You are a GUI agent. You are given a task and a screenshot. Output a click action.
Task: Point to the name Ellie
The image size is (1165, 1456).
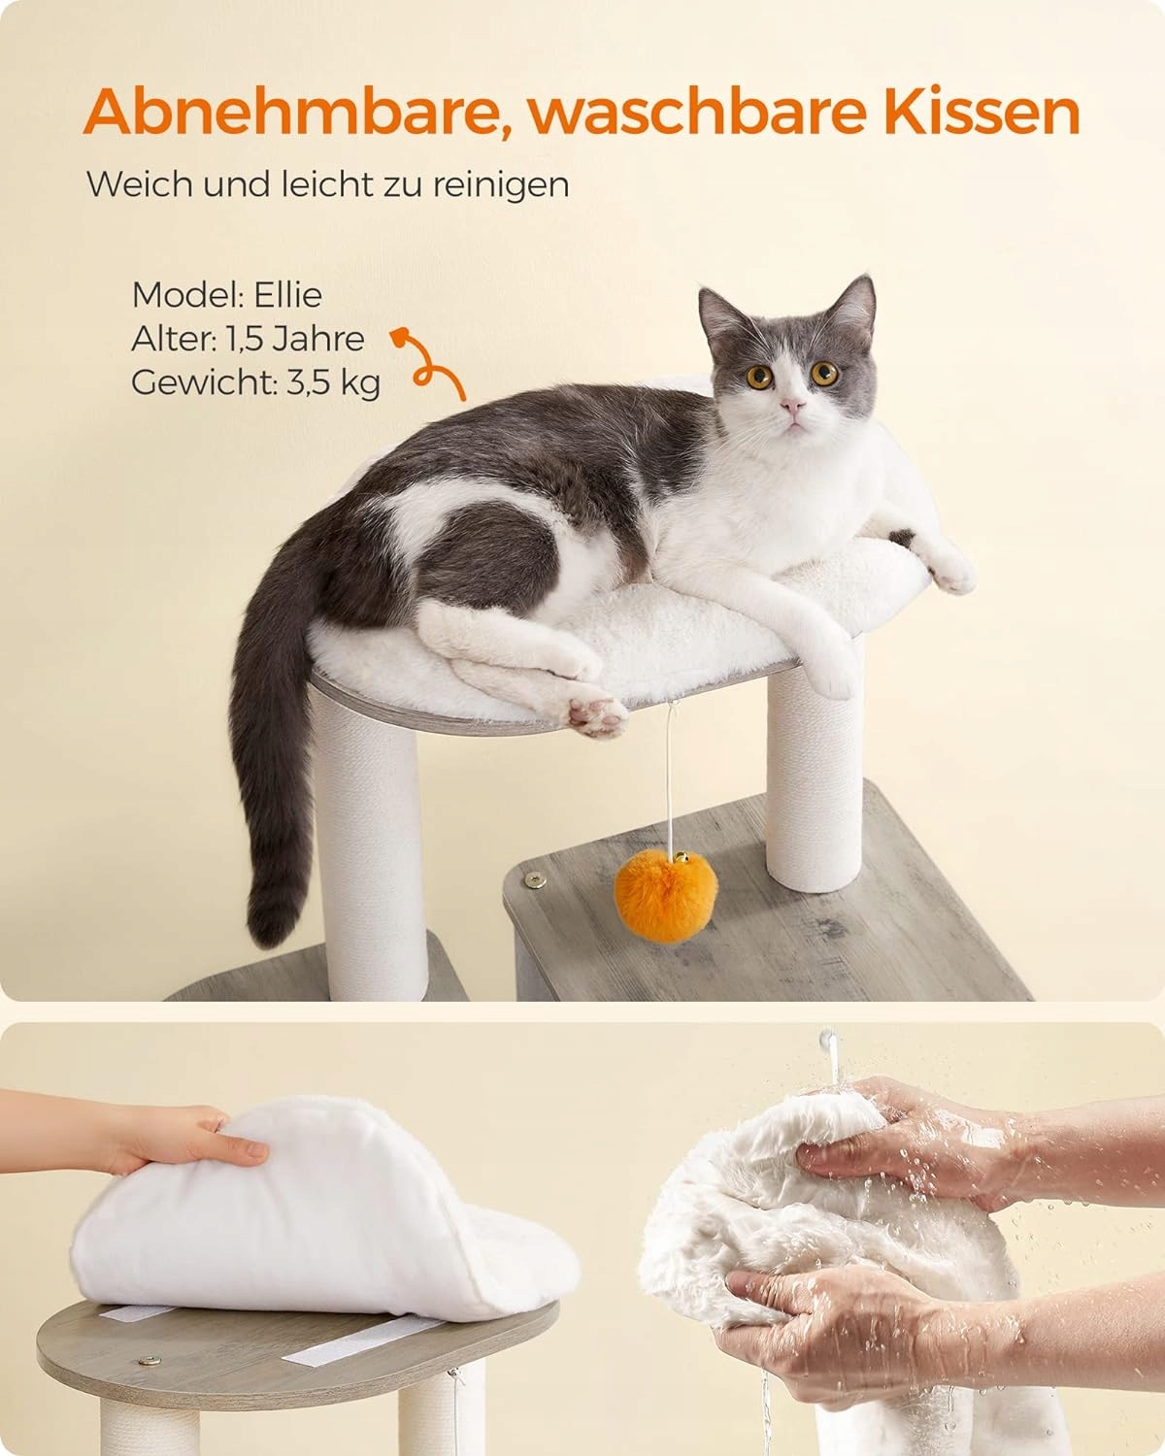287,294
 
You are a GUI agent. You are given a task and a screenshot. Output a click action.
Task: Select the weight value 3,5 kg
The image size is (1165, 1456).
332,383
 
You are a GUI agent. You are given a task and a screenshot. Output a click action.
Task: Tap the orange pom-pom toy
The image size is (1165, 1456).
665,897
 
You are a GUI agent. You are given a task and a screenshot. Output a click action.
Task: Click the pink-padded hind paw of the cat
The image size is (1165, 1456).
596,715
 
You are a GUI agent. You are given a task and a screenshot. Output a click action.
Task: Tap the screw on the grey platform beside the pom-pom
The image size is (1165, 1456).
536,879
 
